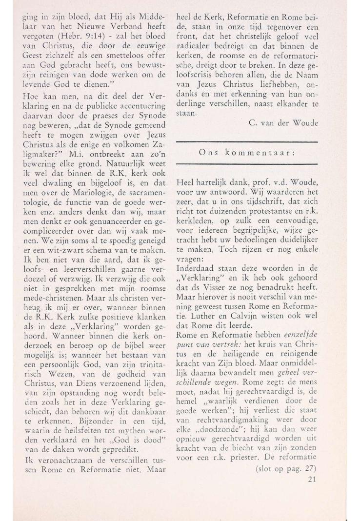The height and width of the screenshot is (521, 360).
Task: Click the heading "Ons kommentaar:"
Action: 246,153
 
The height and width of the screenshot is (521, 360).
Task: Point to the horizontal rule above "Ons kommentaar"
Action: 246,142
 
